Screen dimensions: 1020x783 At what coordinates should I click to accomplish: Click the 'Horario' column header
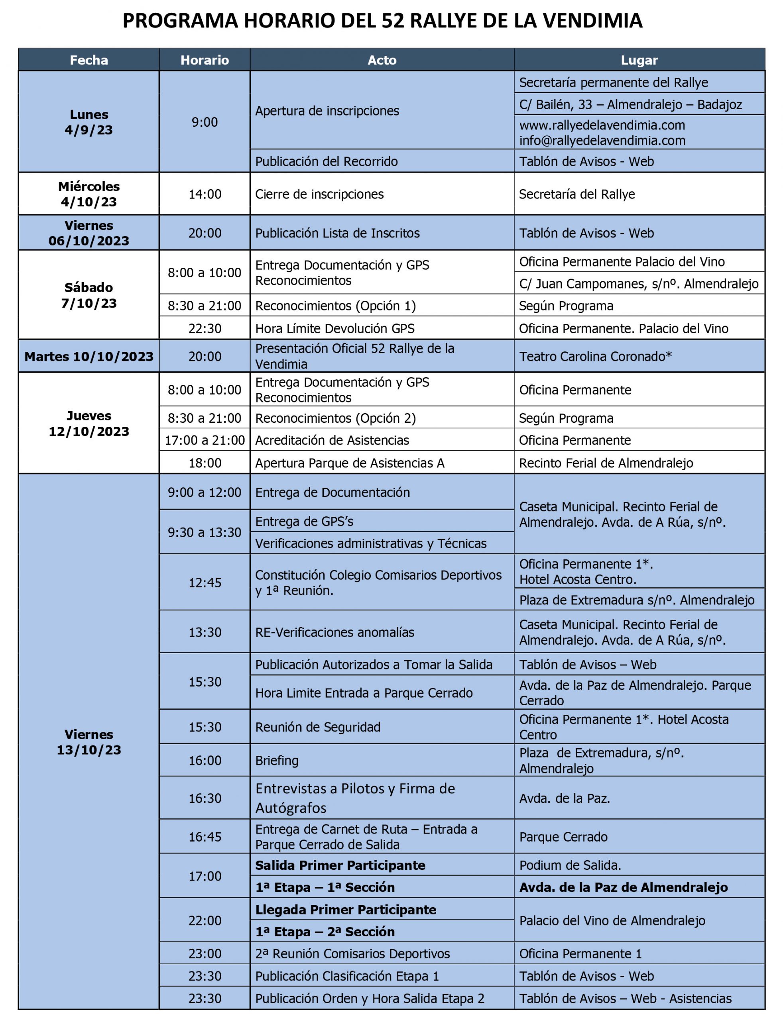(205, 60)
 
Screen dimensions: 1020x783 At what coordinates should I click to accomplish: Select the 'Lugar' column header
(639, 60)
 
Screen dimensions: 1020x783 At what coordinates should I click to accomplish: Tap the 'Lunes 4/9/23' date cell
(89, 122)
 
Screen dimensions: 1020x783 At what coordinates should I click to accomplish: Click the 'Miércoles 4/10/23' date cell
(89, 194)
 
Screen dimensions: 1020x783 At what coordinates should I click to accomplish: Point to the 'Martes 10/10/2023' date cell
(89, 356)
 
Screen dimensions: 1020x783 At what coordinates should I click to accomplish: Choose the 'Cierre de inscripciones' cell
(319, 194)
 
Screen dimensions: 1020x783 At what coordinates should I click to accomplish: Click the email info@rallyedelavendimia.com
(602, 141)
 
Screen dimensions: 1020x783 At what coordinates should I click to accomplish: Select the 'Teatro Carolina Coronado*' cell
(595, 356)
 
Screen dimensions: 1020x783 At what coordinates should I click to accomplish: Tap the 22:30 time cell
(205, 328)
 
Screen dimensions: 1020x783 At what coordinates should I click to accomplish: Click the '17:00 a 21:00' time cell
(205, 440)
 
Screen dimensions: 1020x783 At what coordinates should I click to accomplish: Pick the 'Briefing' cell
(277, 761)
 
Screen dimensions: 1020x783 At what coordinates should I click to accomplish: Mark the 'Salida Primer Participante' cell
(340, 865)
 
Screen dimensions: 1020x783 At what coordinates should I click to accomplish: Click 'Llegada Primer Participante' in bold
(346, 910)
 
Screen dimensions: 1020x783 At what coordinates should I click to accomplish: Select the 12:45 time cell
(205, 583)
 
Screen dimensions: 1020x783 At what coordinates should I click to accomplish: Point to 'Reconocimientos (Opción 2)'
(336, 418)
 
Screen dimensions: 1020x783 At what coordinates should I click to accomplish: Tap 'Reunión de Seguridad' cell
(318, 727)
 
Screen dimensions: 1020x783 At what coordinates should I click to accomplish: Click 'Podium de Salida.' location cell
(570, 865)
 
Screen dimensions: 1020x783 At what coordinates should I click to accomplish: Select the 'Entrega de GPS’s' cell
(304, 521)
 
